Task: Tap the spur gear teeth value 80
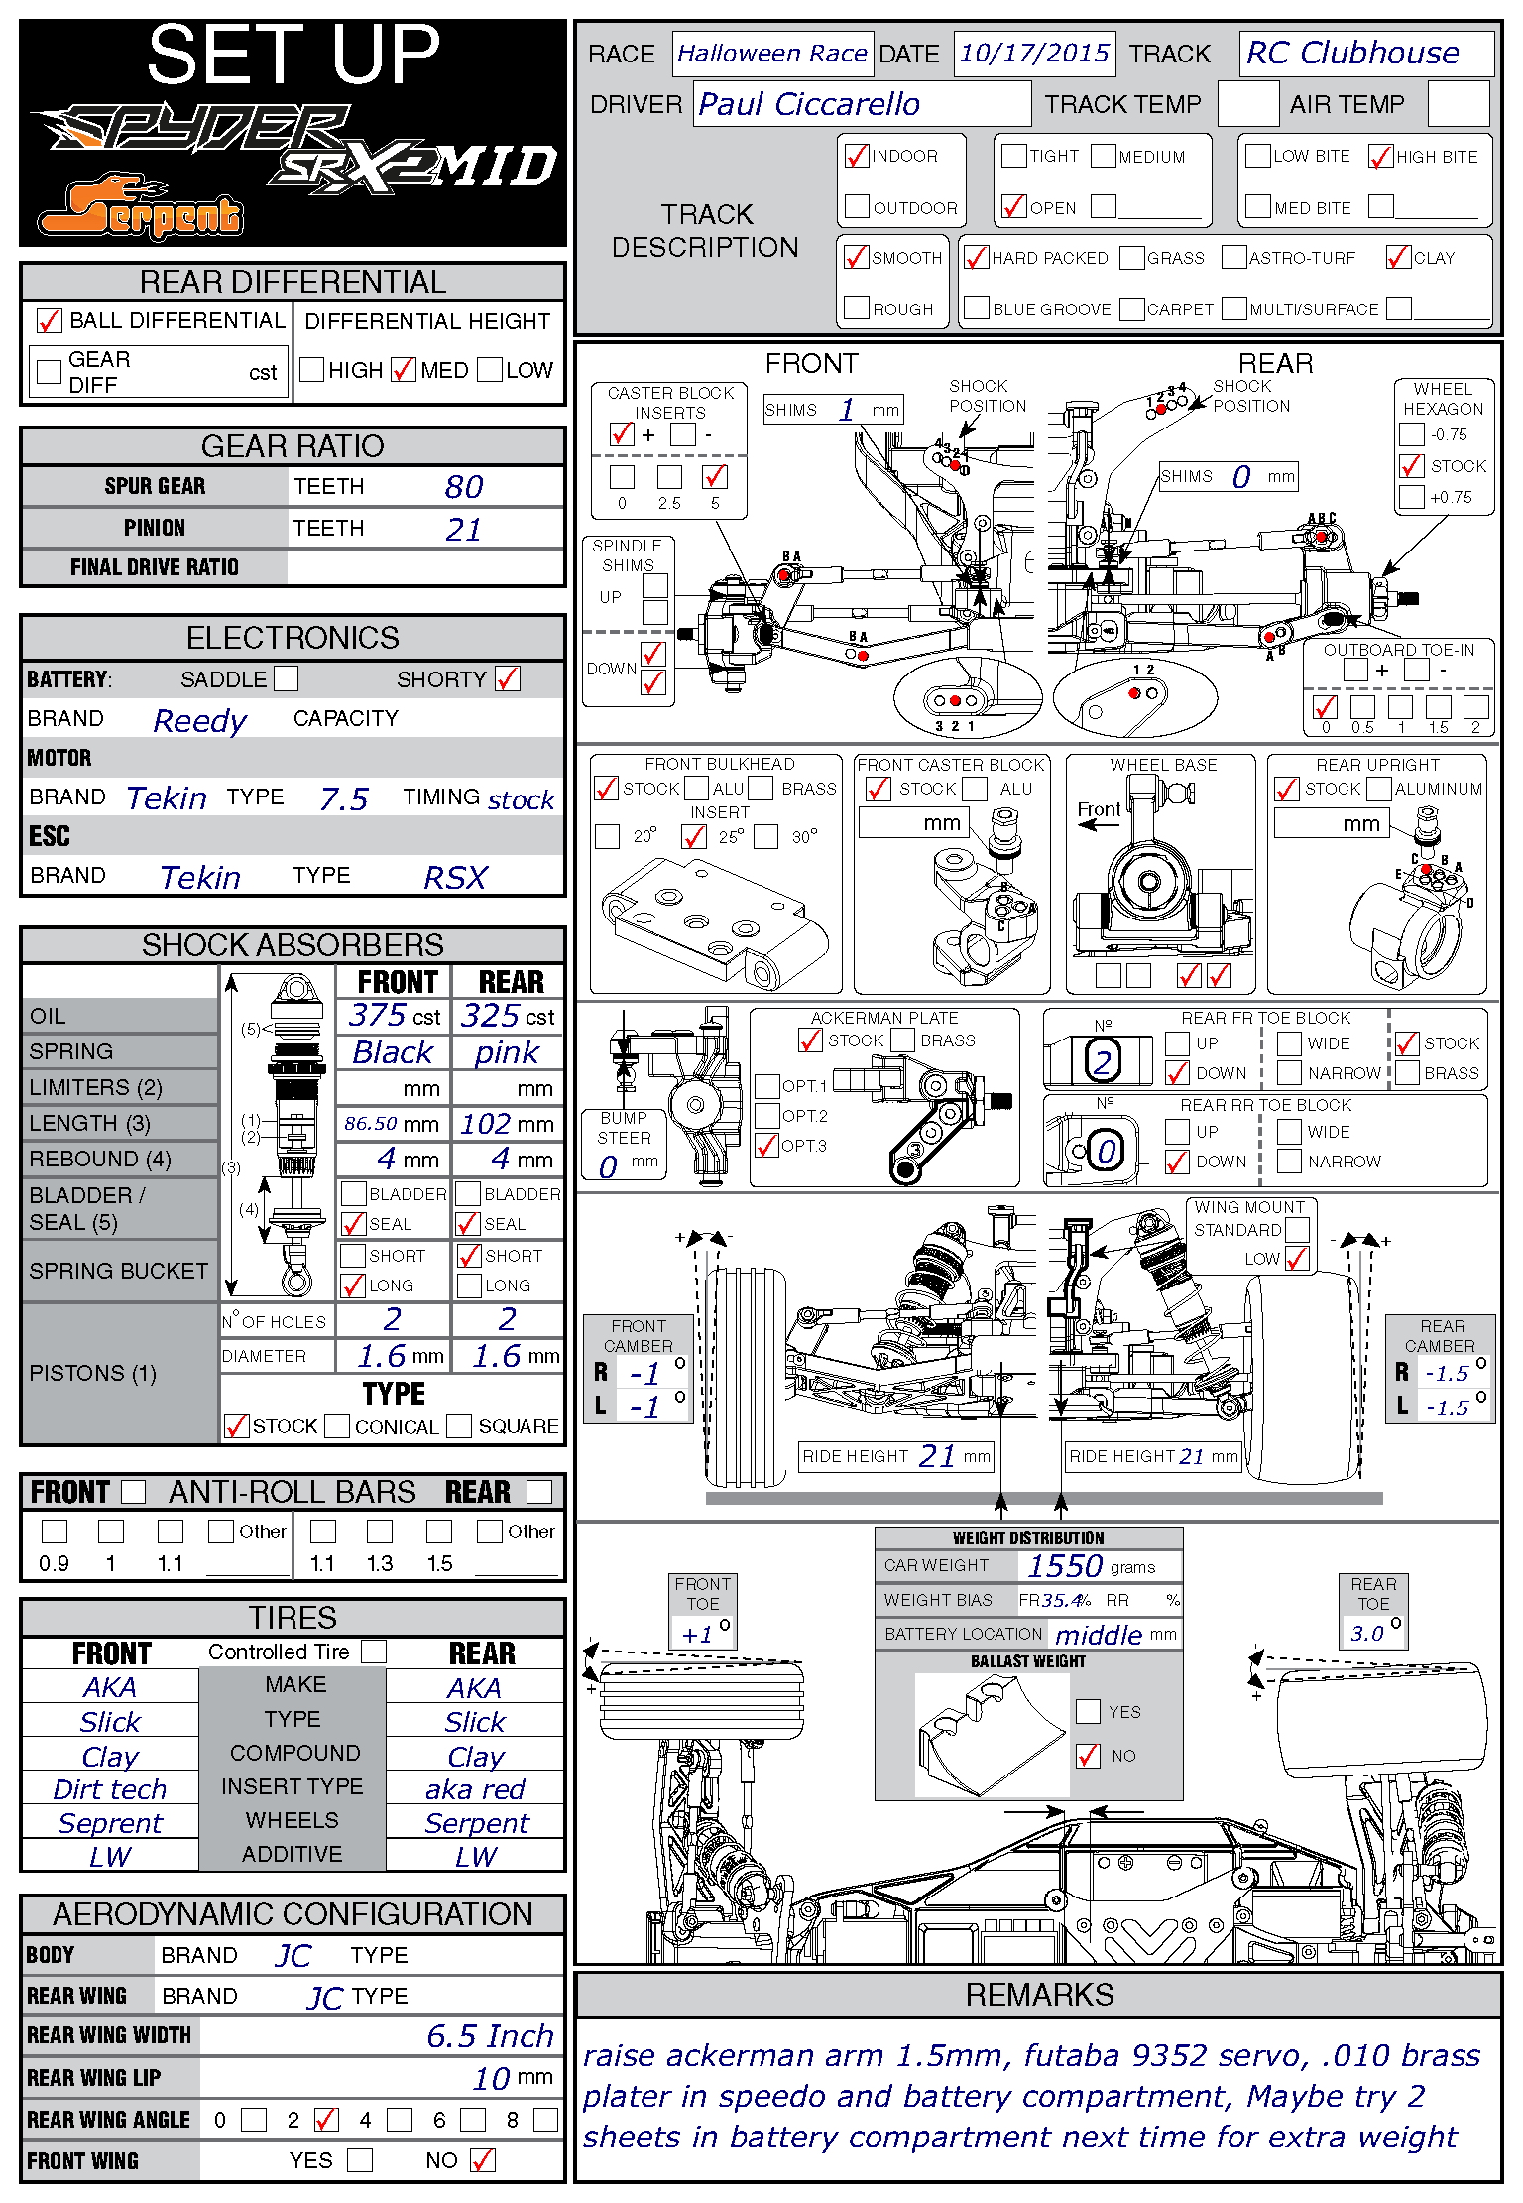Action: pyautogui.click(x=463, y=487)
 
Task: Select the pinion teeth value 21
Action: pyautogui.click(x=463, y=529)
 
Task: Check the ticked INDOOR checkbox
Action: pyautogui.click(x=857, y=156)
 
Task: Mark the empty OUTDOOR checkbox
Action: pyautogui.click(x=857, y=207)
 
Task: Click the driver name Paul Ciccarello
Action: pyautogui.click(x=809, y=104)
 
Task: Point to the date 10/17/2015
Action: pyautogui.click(x=1034, y=53)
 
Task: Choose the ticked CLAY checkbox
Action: pyautogui.click(x=1398, y=258)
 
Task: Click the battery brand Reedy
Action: pyautogui.click(x=199, y=720)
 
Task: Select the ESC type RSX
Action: pyautogui.click(x=455, y=878)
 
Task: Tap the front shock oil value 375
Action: pyautogui.click(x=378, y=1016)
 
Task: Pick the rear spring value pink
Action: pyautogui.click(x=507, y=1052)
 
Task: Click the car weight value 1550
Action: pyautogui.click(x=1065, y=1566)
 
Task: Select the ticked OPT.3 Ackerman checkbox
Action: pyautogui.click(x=766, y=1146)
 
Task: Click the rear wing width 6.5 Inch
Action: pyautogui.click(x=490, y=2036)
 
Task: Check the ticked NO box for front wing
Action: pyautogui.click(x=483, y=2160)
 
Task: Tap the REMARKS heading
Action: pyautogui.click(x=1039, y=1995)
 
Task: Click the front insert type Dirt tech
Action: pyautogui.click(x=110, y=1789)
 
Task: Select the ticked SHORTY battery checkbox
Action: pyautogui.click(x=508, y=679)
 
